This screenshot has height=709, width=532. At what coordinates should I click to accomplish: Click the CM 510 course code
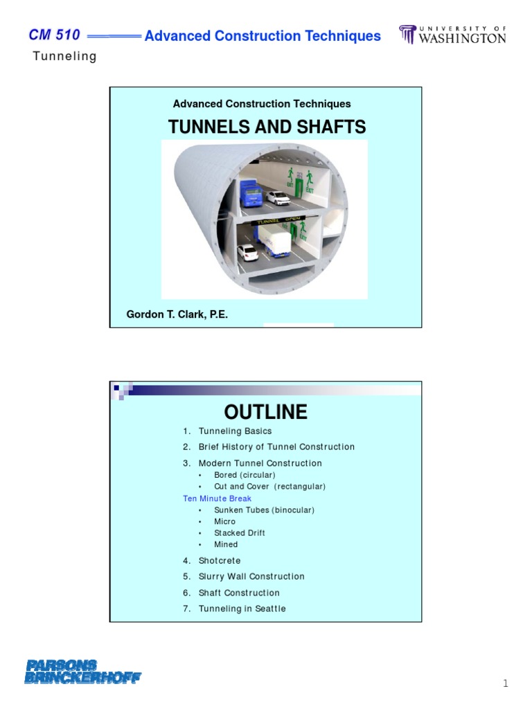pos(55,35)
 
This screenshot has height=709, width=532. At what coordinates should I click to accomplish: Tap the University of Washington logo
pos(452,35)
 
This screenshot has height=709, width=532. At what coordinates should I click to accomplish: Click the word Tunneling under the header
pos(65,57)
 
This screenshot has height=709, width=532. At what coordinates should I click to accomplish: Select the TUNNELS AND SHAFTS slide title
pos(267,127)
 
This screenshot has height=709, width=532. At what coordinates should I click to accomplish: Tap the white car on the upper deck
pos(278,198)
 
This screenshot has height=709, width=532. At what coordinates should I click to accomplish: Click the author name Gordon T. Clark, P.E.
pos(177,314)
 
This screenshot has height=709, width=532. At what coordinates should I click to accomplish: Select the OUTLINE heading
pos(265,412)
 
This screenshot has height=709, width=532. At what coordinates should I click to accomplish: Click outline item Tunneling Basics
pos(235,431)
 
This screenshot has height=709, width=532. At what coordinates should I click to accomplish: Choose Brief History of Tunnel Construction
pos(276,447)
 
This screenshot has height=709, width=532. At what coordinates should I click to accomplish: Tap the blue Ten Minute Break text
pos(217,499)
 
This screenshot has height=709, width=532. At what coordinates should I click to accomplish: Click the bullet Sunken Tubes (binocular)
pos(264,510)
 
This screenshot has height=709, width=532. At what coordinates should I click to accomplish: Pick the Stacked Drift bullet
pos(239,533)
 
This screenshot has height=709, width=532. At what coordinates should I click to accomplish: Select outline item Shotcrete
pos(219,561)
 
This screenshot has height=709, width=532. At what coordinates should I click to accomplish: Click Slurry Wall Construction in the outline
pos(251,577)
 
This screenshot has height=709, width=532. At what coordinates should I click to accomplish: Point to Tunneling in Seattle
pos(242,609)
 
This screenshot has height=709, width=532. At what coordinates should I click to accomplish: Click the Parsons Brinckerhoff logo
pos(82,672)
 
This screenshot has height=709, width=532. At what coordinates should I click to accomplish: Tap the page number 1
pos(505,684)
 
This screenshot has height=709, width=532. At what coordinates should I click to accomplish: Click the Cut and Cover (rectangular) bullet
pos(269,487)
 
